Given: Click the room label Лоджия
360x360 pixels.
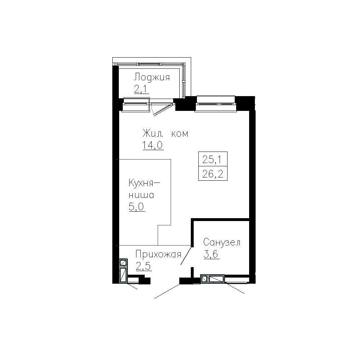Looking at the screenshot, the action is click(x=152, y=77).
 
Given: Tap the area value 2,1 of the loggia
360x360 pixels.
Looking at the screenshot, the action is click(x=141, y=89).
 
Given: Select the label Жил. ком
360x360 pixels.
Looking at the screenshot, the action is click(x=165, y=134).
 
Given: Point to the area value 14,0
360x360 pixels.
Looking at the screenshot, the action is click(x=153, y=145).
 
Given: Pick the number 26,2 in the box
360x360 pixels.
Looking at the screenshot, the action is click(x=213, y=174).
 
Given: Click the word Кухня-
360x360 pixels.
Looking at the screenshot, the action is click(x=144, y=183).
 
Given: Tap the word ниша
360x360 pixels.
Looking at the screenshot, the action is click(x=141, y=195).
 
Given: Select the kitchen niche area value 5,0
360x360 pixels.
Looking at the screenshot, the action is click(x=136, y=207).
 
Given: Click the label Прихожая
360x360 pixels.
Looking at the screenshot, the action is click(x=158, y=255).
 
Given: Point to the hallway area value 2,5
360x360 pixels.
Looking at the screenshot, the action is click(x=144, y=266).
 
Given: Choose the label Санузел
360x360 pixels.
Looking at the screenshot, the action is click(x=222, y=242).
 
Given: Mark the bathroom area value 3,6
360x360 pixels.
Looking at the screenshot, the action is click(x=211, y=255).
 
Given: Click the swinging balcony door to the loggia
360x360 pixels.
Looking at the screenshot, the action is click(x=164, y=109).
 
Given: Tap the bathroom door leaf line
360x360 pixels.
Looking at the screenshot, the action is click(x=186, y=255).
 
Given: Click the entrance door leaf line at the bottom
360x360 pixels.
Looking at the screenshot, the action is click(x=167, y=291).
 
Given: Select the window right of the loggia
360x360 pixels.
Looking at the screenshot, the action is click(x=216, y=104).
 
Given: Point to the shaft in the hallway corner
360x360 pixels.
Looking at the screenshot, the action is click(x=123, y=271).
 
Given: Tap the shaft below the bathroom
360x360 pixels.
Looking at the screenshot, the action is click(x=213, y=279).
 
